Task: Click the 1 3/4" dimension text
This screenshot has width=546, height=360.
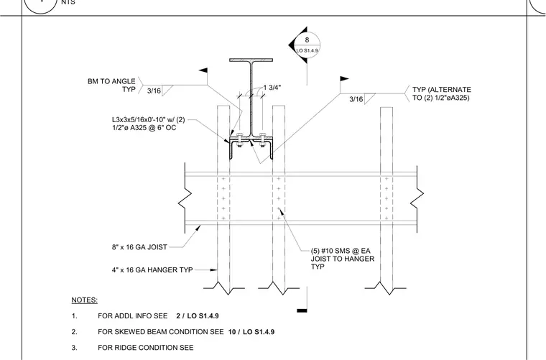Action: coord(272,88)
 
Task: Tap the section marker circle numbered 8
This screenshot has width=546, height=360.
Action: coord(307,45)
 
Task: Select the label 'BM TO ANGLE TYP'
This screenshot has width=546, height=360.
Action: coord(111,86)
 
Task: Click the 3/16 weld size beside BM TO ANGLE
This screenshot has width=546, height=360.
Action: coord(154,91)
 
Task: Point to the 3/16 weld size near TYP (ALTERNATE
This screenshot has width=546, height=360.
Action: coord(356,99)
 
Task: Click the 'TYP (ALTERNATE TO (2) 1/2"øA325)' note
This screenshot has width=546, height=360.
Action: coord(442,93)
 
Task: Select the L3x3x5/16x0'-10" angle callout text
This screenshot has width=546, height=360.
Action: coord(148,124)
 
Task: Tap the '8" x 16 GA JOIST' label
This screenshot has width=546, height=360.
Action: coord(139,247)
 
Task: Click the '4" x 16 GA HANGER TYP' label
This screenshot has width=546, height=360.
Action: coord(152,270)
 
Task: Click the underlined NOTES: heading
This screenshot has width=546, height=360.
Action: coord(84,300)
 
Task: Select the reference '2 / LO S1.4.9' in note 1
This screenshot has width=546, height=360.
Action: coord(198,315)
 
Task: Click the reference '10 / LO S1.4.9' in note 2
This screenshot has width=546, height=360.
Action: coord(251,332)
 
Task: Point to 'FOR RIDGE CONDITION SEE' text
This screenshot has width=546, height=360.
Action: coord(146,348)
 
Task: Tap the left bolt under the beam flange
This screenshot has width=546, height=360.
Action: coord(239,139)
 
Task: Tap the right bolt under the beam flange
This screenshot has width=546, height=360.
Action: coord(262,139)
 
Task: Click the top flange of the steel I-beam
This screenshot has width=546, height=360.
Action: coord(251,60)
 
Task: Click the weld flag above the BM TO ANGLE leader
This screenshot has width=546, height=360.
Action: coord(203,70)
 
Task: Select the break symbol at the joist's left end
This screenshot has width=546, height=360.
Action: coord(185,198)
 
